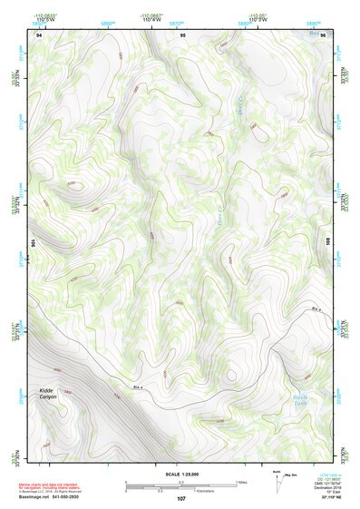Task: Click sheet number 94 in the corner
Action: [x=38, y=34]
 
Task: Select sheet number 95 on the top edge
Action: [x=182, y=34]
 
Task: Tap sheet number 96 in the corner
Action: [x=322, y=34]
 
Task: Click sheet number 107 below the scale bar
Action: [x=181, y=498]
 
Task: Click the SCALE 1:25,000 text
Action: [x=180, y=474]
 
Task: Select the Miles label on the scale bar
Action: [x=241, y=481]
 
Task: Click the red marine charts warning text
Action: [x=54, y=485]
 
